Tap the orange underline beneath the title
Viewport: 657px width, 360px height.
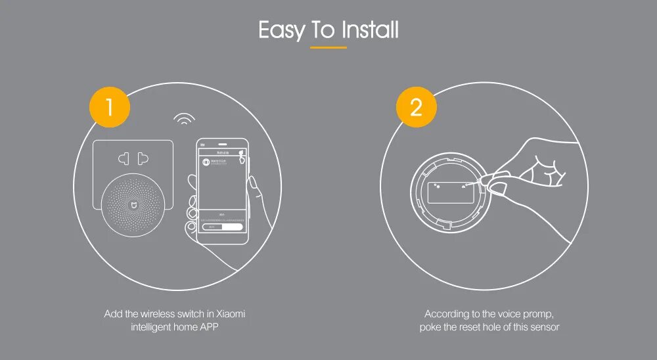(328, 48)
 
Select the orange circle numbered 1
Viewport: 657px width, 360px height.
(110, 106)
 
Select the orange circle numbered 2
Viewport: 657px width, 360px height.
(416, 106)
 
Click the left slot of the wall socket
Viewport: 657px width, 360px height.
(123, 158)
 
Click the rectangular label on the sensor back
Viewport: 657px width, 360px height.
(451, 192)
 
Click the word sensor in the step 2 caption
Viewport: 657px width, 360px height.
(545, 326)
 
